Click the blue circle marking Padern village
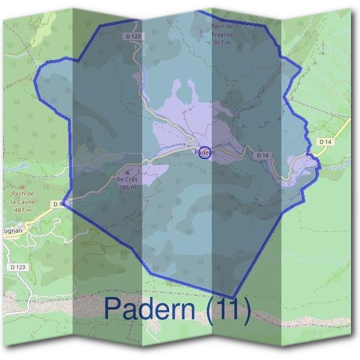point(205,152)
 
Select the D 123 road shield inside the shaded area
point(135,37)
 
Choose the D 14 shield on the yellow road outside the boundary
point(325,142)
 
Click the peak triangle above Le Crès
point(127,172)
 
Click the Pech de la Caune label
point(23,198)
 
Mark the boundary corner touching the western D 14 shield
point(64,202)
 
